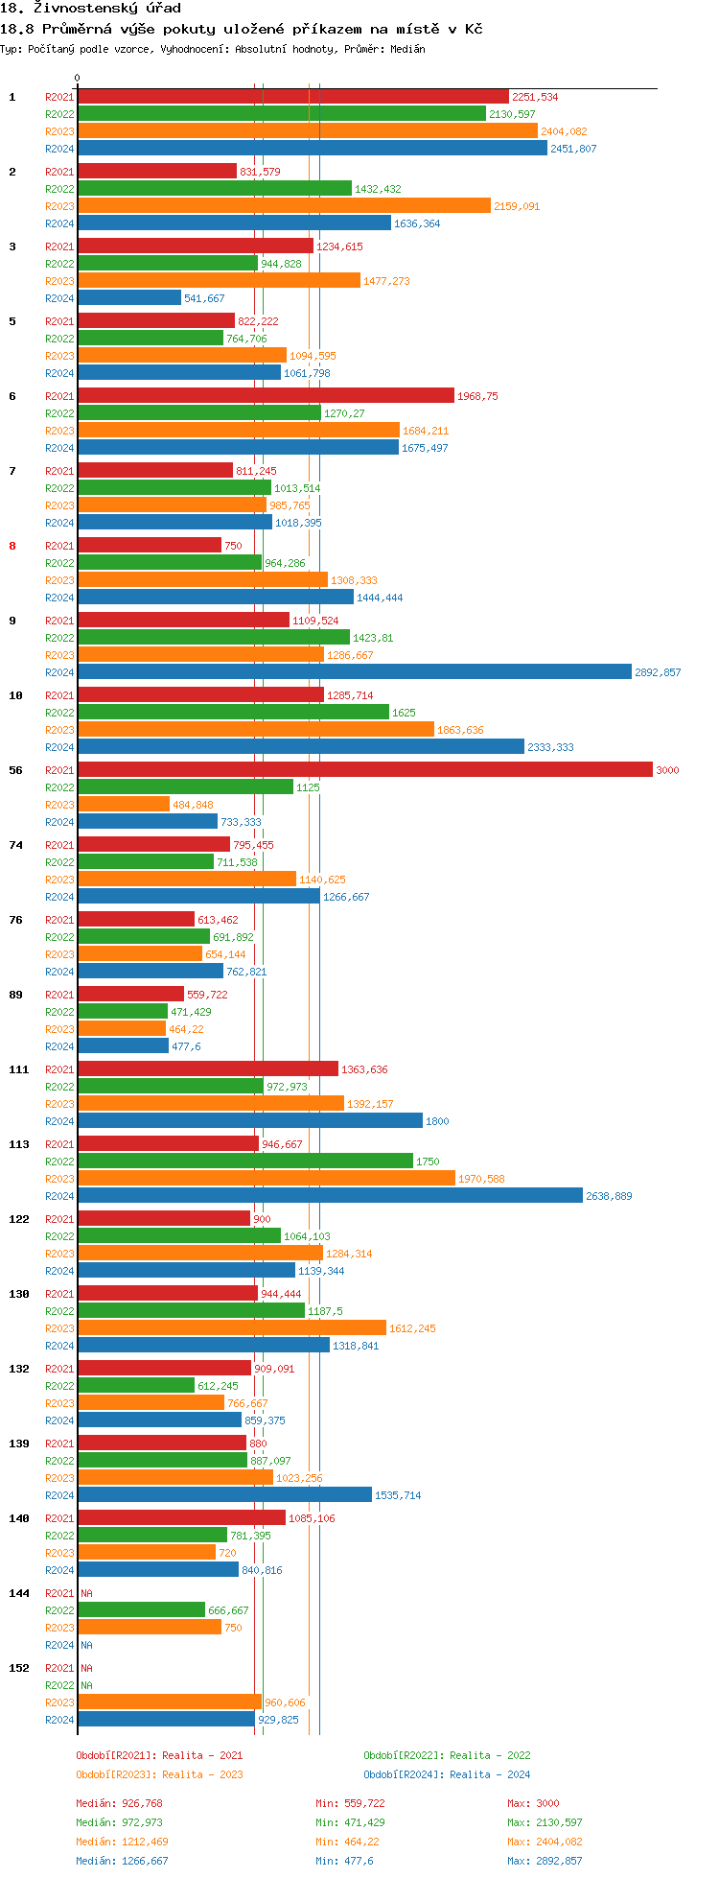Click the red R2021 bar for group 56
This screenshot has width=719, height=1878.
click(364, 769)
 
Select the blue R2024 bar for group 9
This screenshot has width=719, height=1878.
click(355, 671)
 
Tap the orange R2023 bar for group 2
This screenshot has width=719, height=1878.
click(284, 205)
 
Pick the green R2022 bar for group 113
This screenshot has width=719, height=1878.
click(245, 1161)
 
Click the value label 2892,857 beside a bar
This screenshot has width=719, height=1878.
click(658, 672)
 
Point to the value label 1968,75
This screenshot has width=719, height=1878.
click(477, 396)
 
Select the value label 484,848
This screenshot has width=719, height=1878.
click(193, 805)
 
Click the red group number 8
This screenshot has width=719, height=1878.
click(12, 546)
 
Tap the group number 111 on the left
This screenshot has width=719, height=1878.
click(19, 1069)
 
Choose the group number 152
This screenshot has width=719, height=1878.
click(19, 1668)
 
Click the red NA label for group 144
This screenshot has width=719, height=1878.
click(86, 1593)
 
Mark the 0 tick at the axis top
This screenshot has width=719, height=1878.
click(78, 79)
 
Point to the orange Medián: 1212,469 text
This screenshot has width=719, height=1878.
click(122, 1842)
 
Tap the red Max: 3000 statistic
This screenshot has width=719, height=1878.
click(533, 1803)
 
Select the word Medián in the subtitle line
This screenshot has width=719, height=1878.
click(407, 49)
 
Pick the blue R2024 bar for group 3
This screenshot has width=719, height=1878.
click(129, 297)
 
